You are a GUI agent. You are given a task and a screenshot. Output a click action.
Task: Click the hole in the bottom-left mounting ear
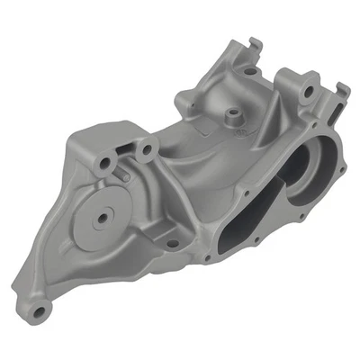[39, 310]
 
